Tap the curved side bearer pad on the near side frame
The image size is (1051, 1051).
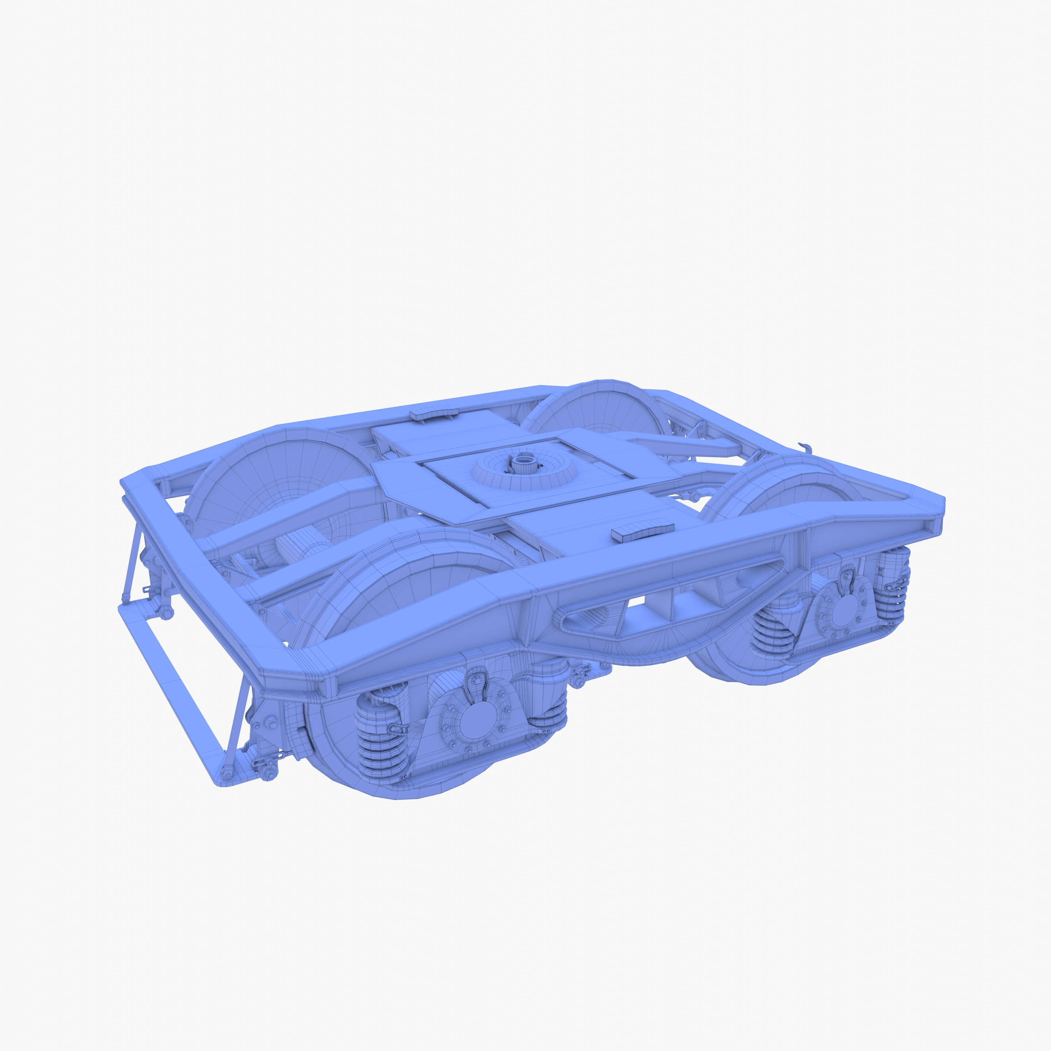(642, 532)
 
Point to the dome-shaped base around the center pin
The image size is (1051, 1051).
(524, 474)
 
